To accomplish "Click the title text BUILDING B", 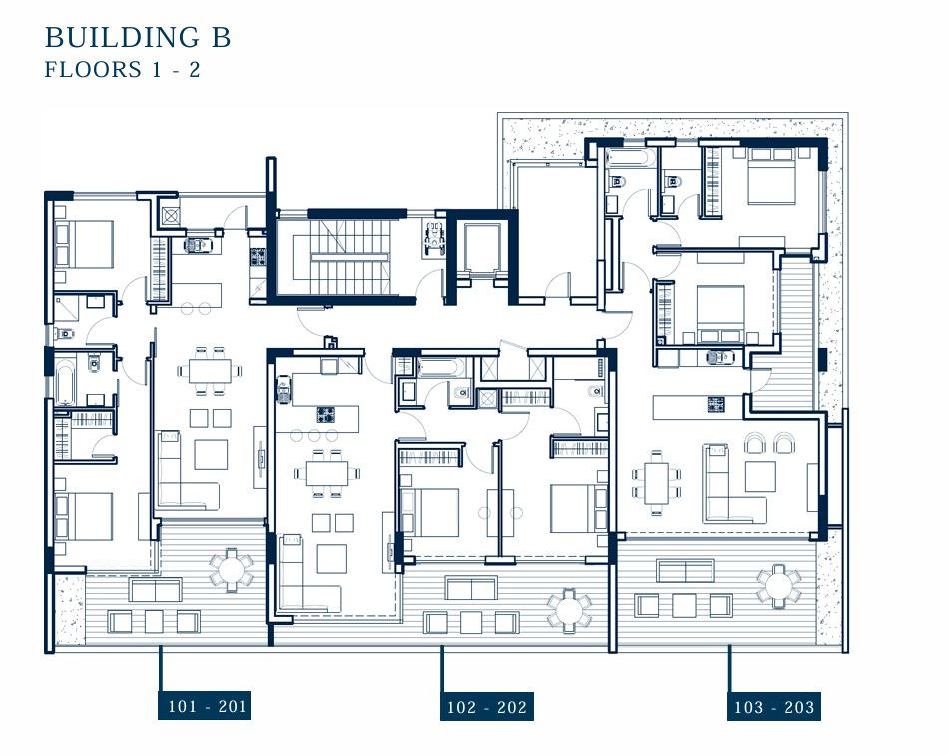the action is point(138,37).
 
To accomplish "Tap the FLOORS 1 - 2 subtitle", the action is point(122,70).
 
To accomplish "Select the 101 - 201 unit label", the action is point(205,705).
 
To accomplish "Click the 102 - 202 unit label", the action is point(487,706).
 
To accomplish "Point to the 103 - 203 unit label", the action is point(774,706).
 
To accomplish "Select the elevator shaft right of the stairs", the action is point(482,249).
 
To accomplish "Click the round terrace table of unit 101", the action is point(232,569).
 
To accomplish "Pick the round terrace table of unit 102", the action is point(569,611).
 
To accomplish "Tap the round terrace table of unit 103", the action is point(779,586).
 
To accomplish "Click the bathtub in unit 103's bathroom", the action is point(630,158).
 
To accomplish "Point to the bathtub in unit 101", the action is point(64,381).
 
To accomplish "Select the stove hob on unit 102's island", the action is point(325,415).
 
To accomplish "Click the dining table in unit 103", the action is point(656,482).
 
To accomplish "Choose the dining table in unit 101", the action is point(210,371).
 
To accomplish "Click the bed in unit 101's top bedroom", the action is point(84,245).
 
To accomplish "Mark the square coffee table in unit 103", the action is point(760,477).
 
